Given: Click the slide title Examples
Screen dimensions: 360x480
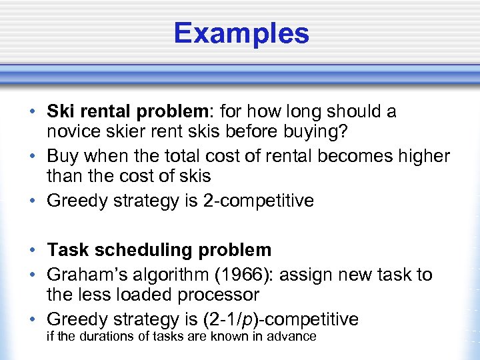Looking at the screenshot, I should tap(241, 33).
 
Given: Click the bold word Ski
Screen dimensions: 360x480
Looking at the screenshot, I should tap(61, 111).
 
